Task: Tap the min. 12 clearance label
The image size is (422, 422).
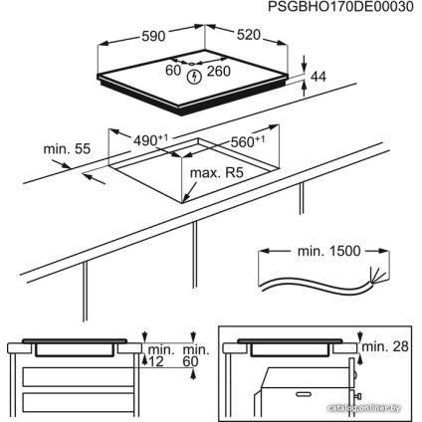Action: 158,355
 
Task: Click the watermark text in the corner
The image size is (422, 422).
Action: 370,409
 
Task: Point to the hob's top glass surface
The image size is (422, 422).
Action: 199,85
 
